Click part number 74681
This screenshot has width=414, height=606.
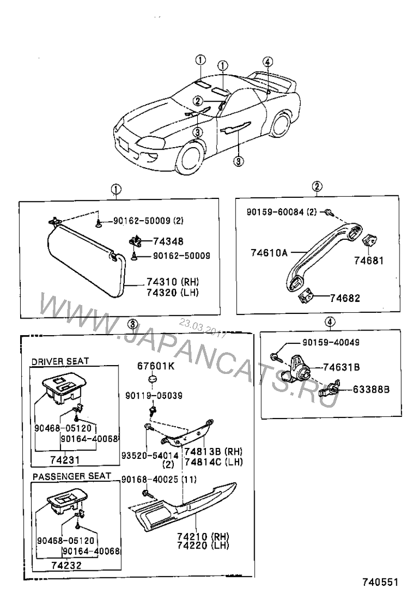pyautogui.click(x=369, y=260)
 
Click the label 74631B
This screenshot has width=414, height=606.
pyautogui.click(x=342, y=367)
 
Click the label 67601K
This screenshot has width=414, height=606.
pyautogui.click(x=156, y=366)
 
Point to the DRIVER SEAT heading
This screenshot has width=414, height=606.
pyautogui.click(x=60, y=360)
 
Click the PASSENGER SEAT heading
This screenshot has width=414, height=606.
pyautogui.click(x=71, y=476)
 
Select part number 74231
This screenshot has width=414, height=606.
pyautogui.click(x=65, y=459)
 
